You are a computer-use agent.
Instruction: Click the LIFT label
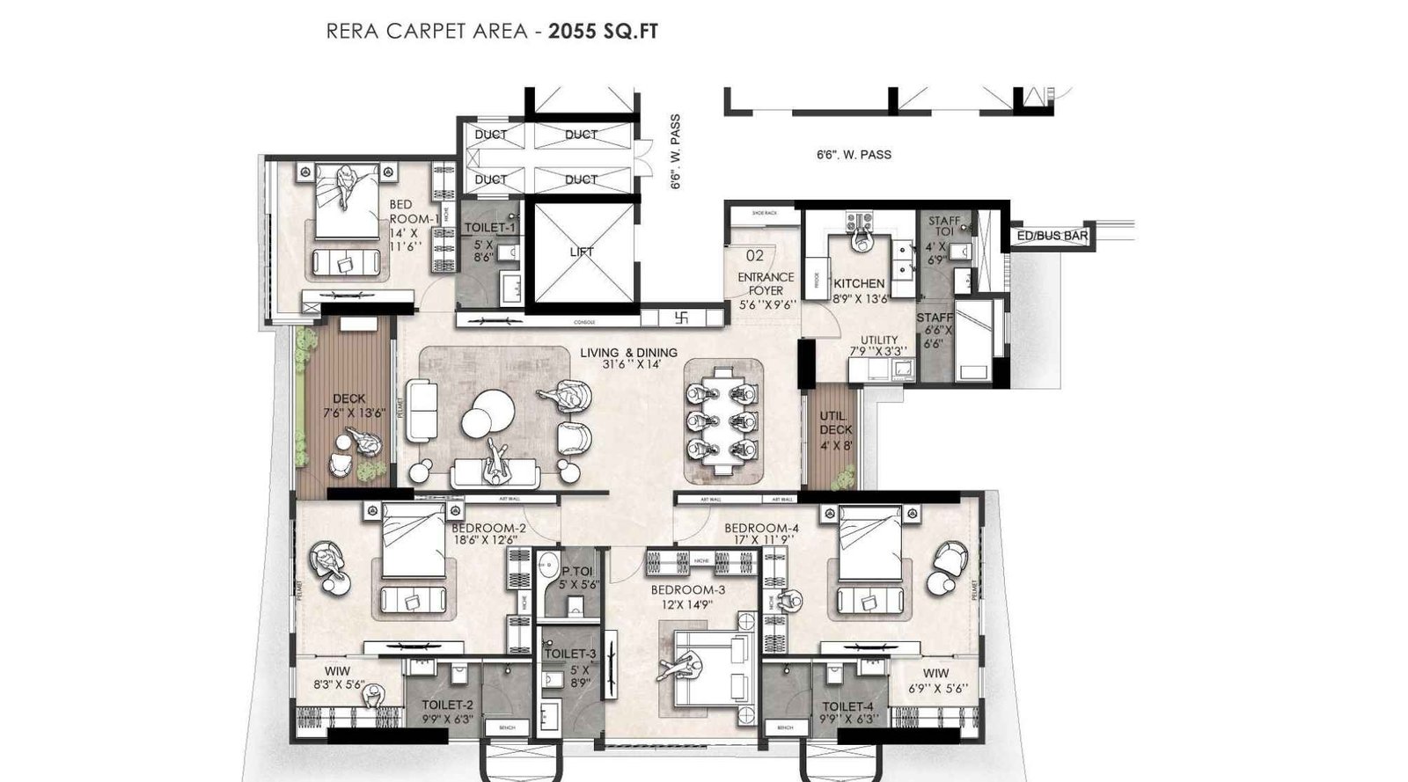click(581, 252)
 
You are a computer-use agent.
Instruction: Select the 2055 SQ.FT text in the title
click(603, 33)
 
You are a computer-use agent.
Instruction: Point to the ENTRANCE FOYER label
click(766, 283)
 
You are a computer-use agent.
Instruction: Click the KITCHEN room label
click(859, 284)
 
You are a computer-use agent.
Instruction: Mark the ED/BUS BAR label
click(1052, 237)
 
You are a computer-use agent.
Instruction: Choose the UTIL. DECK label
click(835, 422)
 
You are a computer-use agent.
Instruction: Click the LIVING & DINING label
click(628, 354)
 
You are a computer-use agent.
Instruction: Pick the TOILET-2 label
click(447, 705)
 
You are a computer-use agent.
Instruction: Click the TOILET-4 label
click(847, 706)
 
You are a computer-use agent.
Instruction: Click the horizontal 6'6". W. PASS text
click(853, 155)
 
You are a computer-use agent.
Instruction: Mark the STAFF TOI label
click(944, 226)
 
